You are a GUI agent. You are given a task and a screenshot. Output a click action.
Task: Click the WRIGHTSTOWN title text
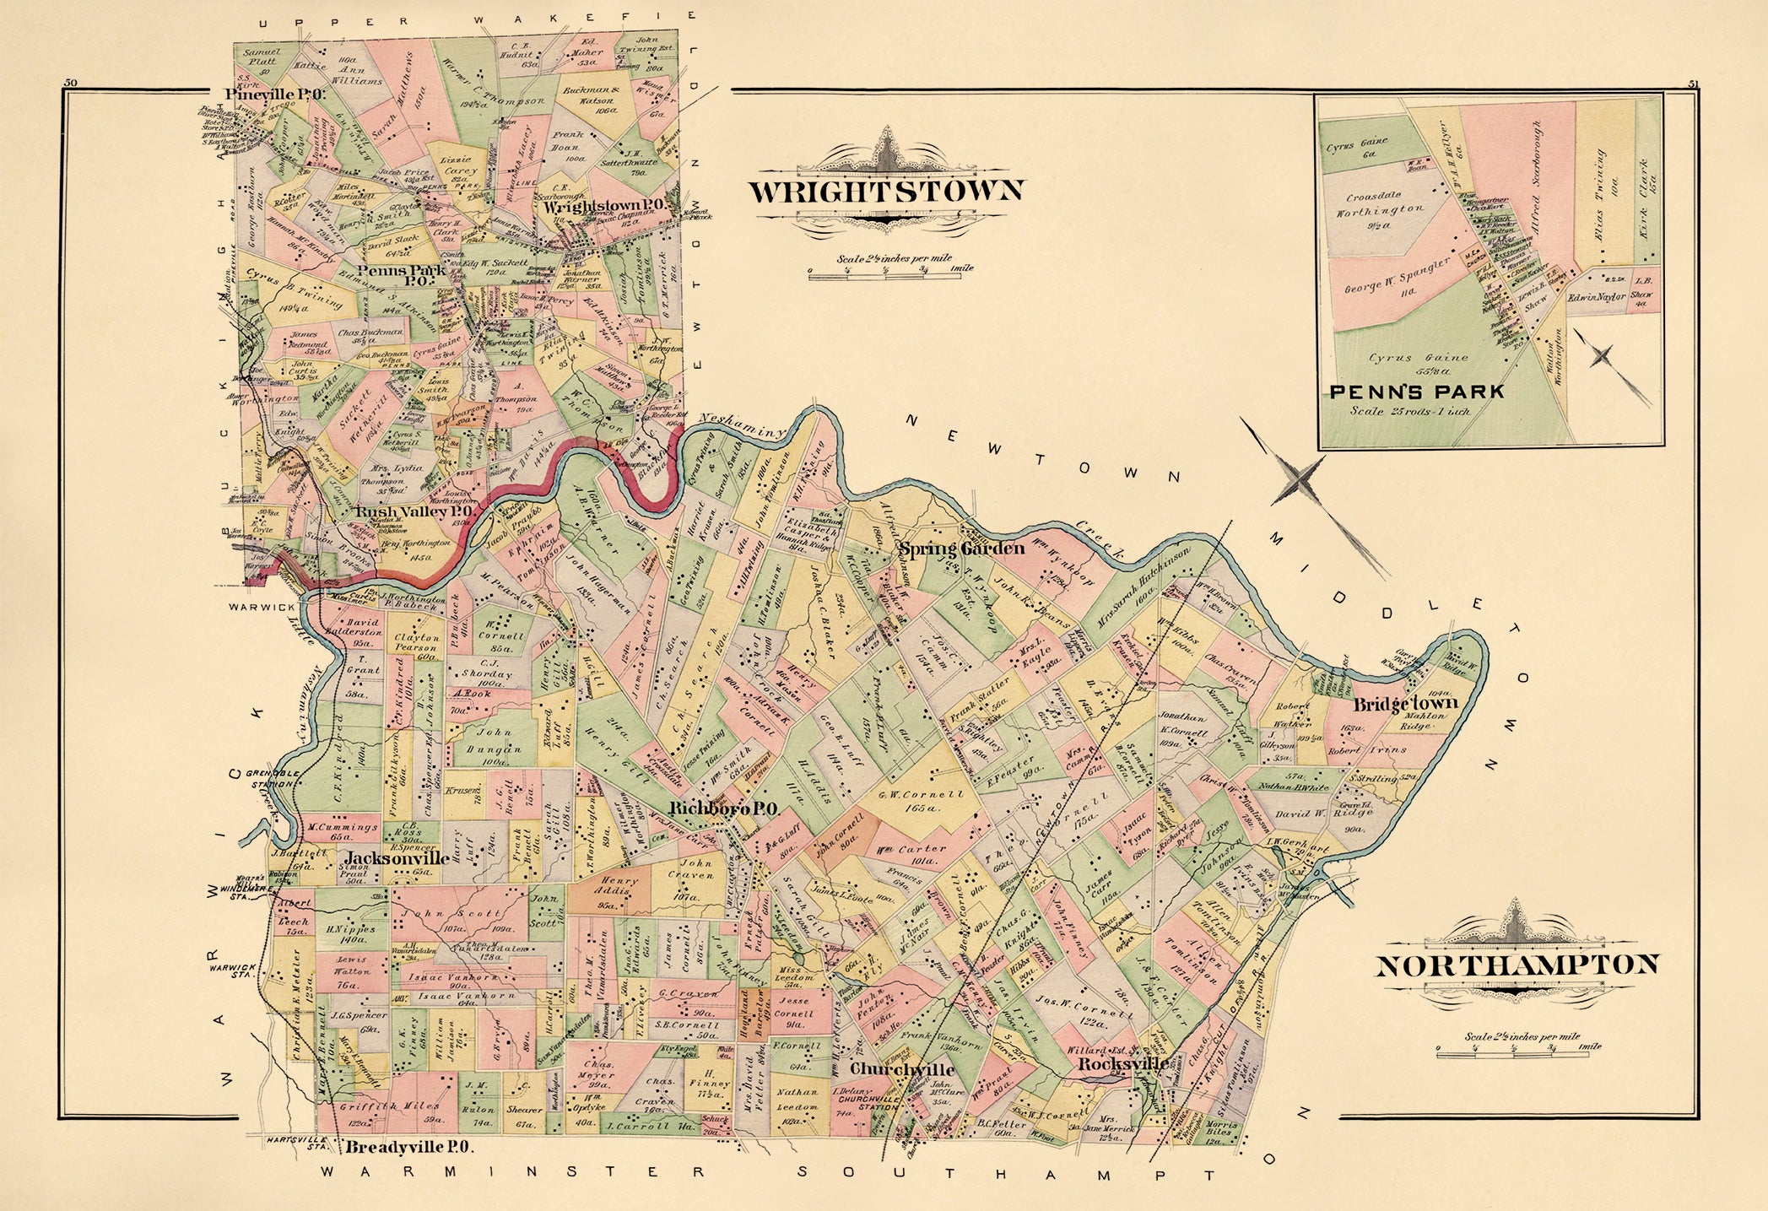[x=886, y=192]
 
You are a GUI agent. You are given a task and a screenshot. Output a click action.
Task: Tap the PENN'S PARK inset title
[x=1417, y=392]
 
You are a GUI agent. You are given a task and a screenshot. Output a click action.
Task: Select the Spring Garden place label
[x=960, y=549]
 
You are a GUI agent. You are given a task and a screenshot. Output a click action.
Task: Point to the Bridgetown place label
[x=1406, y=703]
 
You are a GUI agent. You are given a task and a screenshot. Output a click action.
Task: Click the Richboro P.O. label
[x=722, y=808]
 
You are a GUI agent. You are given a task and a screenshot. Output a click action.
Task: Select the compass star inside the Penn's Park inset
[x=1600, y=356]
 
